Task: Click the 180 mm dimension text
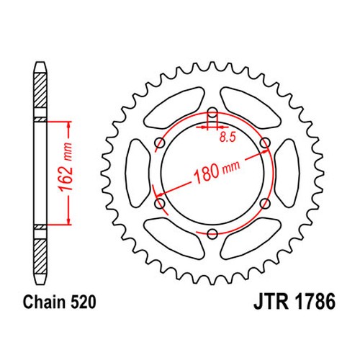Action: click(217, 171)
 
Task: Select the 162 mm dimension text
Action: click(66, 167)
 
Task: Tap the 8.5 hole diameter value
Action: click(228, 138)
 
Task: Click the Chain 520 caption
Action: click(60, 302)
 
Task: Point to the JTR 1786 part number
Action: click(294, 302)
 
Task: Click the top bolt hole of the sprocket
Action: click(212, 112)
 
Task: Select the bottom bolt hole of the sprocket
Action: click(212, 233)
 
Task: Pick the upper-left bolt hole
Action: click(160, 143)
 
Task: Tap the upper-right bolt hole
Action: click(265, 143)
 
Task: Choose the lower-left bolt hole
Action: click(160, 203)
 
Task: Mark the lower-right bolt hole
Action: click(265, 203)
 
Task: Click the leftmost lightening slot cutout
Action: click(138, 173)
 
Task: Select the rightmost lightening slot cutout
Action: click(287, 173)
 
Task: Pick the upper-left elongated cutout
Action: click(175, 107)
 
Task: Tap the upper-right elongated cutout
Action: click(251, 107)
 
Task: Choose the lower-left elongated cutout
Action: click(175, 239)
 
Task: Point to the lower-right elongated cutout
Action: click(251, 239)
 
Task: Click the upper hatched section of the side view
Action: click(40, 90)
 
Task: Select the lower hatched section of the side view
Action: click(40, 256)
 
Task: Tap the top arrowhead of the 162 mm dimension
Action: click(69, 125)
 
